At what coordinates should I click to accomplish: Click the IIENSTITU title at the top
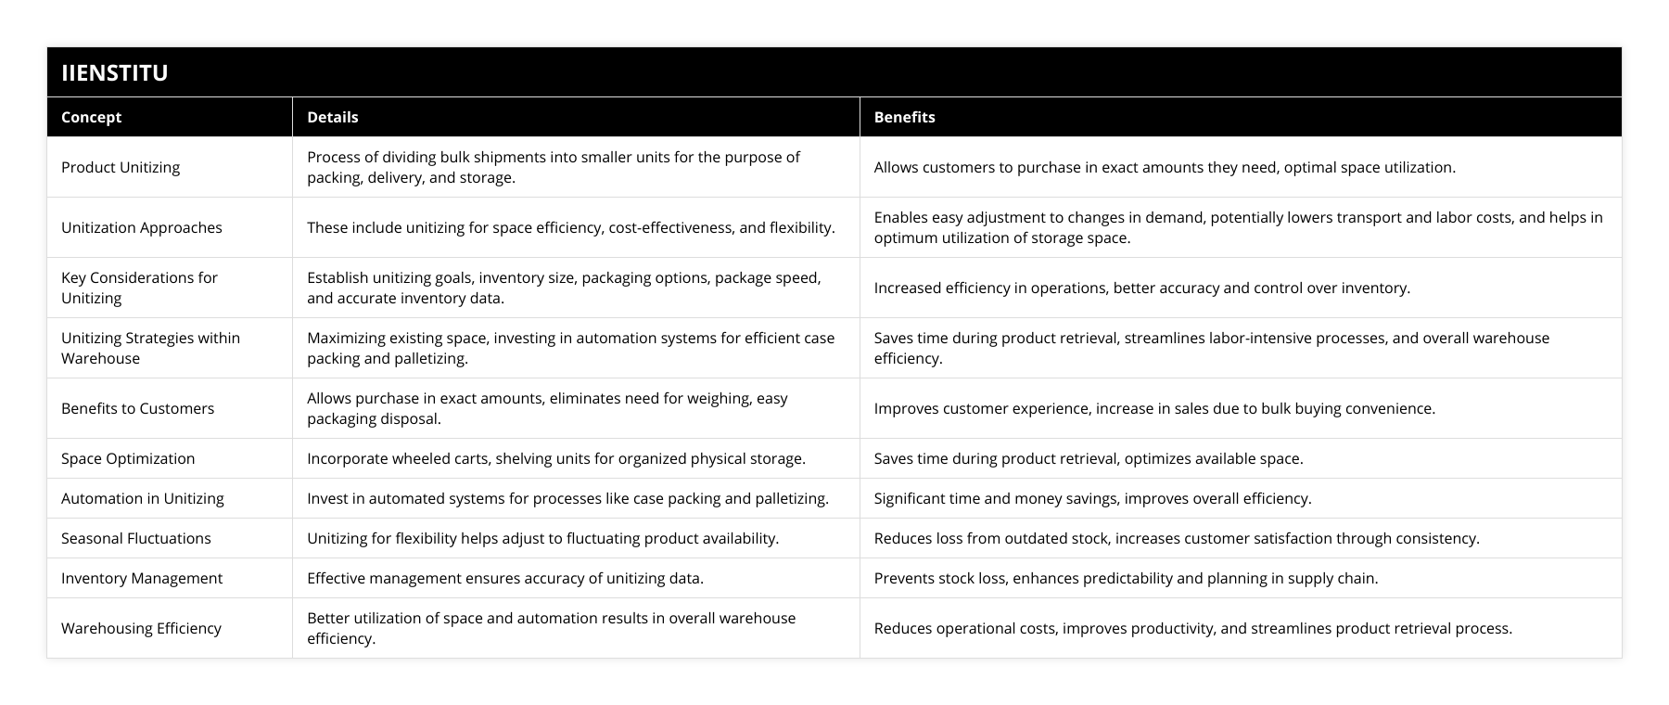[x=115, y=72]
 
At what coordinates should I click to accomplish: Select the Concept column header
[x=91, y=117]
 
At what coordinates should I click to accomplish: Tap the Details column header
[x=332, y=117]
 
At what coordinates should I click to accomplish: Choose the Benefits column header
[x=904, y=117]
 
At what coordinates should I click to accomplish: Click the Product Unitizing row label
[x=121, y=167]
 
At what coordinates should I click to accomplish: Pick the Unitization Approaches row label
[x=141, y=227]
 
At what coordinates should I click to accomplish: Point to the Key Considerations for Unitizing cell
[x=139, y=288]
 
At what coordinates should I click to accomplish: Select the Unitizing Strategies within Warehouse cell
[x=150, y=348]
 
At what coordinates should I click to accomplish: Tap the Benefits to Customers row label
[x=137, y=408]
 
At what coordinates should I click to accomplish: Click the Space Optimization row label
[x=128, y=458]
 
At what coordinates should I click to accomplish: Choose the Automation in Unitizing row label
[x=142, y=498]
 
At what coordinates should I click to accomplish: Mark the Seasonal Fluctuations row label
[x=135, y=538]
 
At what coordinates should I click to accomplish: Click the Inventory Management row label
[x=141, y=578]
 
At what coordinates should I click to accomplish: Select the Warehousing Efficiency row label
[x=141, y=628]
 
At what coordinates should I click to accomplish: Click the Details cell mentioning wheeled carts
[x=555, y=458]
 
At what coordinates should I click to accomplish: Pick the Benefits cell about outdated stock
[x=1176, y=538]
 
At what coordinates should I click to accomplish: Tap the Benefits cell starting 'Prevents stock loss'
[x=1125, y=578]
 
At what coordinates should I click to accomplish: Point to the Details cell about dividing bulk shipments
[x=553, y=167]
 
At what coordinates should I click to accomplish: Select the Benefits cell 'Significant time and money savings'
[x=1091, y=498]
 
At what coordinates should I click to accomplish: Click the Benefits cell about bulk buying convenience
[x=1153, y=408]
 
